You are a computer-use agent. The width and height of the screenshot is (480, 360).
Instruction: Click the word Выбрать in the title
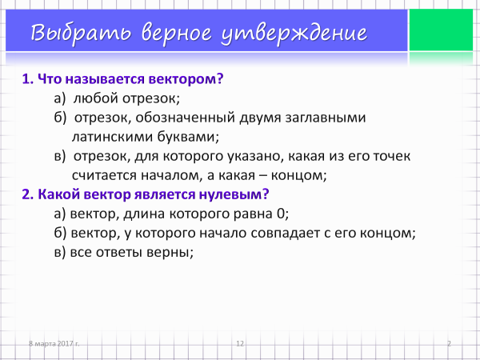(81, 33)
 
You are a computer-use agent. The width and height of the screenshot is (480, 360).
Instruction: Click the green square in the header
(441, 30)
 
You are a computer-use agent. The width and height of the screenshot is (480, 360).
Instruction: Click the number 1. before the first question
(28, 79)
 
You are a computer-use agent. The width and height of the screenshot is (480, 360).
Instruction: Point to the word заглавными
(326, 118)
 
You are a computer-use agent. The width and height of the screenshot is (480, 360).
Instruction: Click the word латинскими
(113, 137)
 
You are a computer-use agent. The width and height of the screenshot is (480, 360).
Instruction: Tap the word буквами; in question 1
(189, 137)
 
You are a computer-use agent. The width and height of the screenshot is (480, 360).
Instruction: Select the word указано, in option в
(254, 156)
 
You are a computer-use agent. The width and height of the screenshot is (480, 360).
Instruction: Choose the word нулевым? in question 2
(234, 194)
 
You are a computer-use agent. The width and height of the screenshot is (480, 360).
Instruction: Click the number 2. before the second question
(28, 194)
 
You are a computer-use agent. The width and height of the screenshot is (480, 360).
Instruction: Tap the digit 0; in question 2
(282, 214)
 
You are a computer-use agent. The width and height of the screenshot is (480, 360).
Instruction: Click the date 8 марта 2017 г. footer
(54, 343)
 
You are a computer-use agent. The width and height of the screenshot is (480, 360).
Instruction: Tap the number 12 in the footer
(240, 343)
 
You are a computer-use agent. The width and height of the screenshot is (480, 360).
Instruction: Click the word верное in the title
(176, 33)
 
